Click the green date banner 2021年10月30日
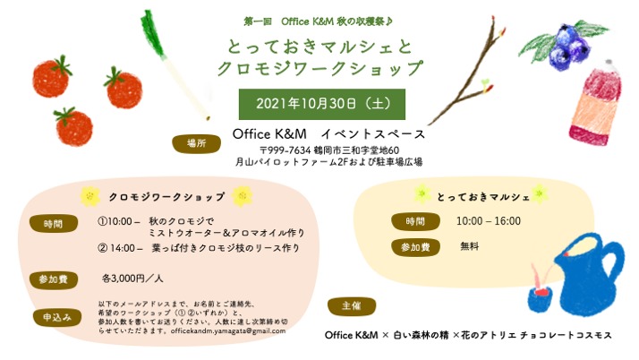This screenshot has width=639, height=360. tap(322, 104)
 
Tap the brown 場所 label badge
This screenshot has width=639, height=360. tap(196, 143)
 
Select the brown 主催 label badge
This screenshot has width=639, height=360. tap(352, 306)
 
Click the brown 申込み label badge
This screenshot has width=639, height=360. tap(57, 318)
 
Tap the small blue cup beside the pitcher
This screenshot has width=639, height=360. tap(541, 298)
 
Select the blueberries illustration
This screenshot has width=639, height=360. tap(567, 46)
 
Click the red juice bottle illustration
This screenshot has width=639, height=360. tap(596, 103)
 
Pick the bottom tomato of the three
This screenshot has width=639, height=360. tap(73, 127)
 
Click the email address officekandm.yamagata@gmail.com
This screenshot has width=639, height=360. tap(228, 330)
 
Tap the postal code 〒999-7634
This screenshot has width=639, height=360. tap(285, 150)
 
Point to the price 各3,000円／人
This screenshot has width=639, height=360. tap(132, 279)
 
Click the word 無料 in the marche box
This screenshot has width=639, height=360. tap(470, 246)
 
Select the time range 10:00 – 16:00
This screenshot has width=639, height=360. tap(489, 221)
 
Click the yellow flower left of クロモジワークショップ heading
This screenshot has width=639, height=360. tap(90, 196)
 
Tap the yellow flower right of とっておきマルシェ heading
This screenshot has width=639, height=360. tap(540, 194)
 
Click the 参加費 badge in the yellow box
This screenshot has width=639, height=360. tap(415, 247)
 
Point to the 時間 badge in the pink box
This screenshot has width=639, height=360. tap(54, 223)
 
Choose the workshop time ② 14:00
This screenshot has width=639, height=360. tap(116, 248)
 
